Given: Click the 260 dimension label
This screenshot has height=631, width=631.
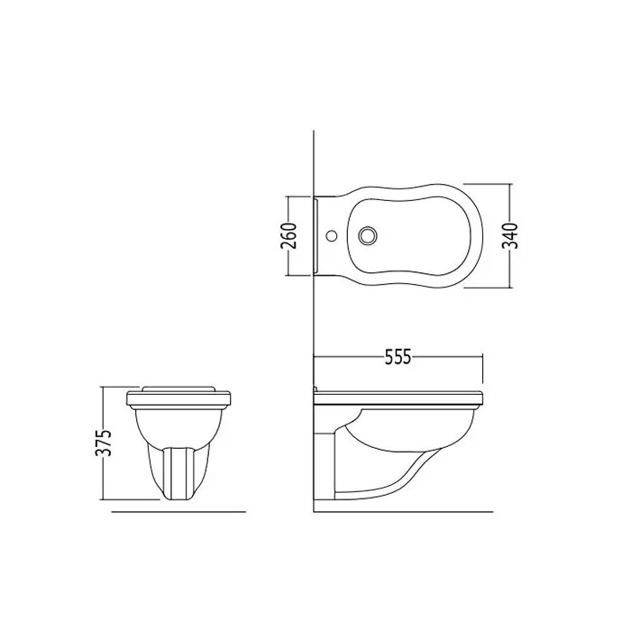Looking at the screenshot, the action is pos(288,236).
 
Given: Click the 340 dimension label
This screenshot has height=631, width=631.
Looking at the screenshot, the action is pos(510,236).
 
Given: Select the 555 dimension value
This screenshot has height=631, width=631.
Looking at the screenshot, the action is pos(398,357).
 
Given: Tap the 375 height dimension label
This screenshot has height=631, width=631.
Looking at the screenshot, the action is pos(103,444).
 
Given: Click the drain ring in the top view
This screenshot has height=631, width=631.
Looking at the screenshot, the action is pos(368,234).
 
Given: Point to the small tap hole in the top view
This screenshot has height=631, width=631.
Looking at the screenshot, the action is pos(333,235).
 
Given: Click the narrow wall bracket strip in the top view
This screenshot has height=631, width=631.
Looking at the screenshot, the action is pos(316,236).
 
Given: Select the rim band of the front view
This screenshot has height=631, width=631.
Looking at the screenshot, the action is pos(178,398).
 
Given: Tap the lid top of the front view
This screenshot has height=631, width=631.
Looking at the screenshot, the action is pos(178,389).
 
